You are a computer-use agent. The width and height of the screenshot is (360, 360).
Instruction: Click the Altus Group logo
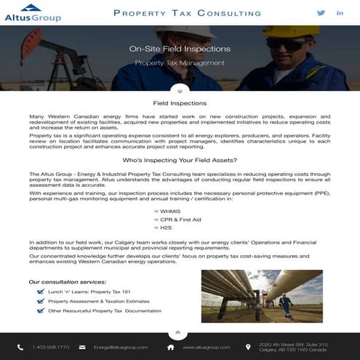[33, 12]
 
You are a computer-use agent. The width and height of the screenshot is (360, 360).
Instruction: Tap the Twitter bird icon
[321, 13]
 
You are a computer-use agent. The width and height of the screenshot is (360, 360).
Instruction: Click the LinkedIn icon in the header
[340, 13]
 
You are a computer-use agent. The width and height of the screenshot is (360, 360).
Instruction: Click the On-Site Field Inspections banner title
[180, 49]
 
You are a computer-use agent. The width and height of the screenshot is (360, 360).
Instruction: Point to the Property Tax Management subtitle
[180, 63]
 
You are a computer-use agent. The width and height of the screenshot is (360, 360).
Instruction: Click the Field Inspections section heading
[180, 103]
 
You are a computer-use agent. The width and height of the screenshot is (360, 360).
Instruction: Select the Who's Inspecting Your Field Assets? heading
[180, 159]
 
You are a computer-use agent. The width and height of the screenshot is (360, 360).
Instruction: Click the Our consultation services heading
[68, 281]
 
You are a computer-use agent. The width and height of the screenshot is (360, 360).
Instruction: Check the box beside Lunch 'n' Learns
[41, 292]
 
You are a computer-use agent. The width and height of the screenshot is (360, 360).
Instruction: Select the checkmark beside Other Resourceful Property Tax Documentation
[41, 311]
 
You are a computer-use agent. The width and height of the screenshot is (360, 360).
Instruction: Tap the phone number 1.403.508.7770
[50, 347]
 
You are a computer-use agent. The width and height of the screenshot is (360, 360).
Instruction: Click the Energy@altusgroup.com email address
[120, 347]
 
